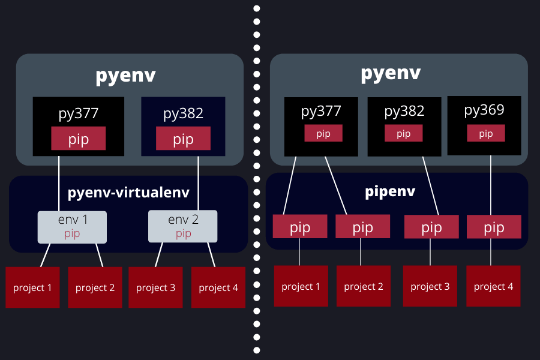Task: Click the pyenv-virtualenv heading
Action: tap(128, 193)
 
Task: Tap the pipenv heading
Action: tap(391, 192)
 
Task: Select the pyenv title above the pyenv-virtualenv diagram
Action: tap(126, 76)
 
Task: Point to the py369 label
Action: tap(484, 110)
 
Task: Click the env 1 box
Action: tap(72, 227)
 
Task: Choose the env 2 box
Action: tap(183, 227)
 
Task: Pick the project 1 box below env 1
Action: tap(32, 287)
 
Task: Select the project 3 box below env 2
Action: tap(155, 287)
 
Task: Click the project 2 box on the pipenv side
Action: tap(364, 286)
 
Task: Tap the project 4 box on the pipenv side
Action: tap(493, 286)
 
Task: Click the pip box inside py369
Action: tap(485, 133)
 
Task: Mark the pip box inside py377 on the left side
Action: tap(79, 139)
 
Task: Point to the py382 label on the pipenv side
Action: tap(404, 111)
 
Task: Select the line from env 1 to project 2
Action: tap(100, 255)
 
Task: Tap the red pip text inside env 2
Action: tap(183, 234)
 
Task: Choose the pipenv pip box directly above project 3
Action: tap(431, 227)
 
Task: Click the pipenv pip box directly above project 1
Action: tap(300, 227)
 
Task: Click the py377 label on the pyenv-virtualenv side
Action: tap(79, 113)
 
